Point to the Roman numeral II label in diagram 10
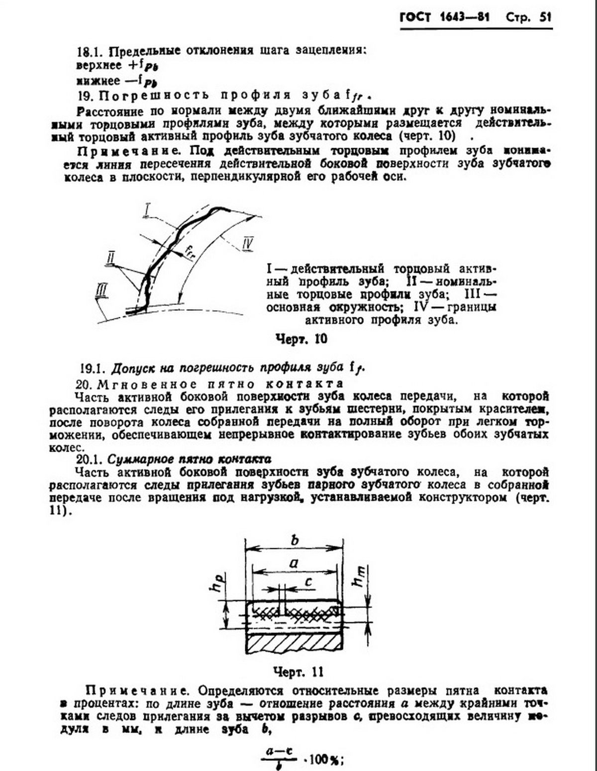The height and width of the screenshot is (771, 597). pyautogui.click(x=111, y=257)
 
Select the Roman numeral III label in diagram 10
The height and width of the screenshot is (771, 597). pyautogui.click(x=101, y=289)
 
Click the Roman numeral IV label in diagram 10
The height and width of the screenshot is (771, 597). pyautogui.click(x=249, y=244)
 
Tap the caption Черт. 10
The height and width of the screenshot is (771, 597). pyautogui.click(x=301, y=339)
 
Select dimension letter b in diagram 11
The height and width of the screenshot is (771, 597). pyautogui.click(x=295, y=540)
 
